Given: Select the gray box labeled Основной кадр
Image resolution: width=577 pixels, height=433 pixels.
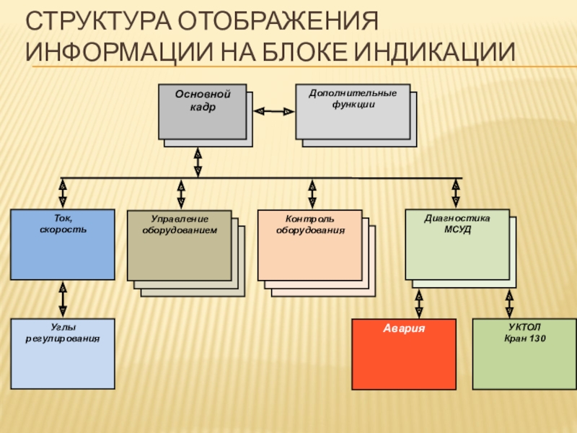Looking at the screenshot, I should [202, 111].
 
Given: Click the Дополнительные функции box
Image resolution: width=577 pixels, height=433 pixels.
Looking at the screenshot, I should [353, 111].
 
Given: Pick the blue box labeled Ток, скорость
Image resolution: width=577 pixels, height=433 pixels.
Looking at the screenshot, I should [62, 244].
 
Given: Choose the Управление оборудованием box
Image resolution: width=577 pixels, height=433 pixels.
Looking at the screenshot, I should [180, 245].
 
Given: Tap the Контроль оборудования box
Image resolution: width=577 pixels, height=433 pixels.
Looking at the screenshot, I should [310, 245].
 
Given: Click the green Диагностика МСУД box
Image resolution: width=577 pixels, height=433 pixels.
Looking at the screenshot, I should [457, 244].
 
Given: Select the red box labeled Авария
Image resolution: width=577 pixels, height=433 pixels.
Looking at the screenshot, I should [404, 354].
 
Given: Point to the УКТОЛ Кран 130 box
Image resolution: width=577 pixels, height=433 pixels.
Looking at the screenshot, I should [524, 354].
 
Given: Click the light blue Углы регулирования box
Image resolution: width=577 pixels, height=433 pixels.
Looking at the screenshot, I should [62, 354].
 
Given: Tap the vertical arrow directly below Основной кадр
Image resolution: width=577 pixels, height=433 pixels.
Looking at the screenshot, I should [198, 162].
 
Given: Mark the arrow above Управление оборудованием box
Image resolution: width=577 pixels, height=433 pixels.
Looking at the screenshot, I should [181, 193].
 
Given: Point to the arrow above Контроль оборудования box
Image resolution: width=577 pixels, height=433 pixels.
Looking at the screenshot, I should [312, 193].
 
